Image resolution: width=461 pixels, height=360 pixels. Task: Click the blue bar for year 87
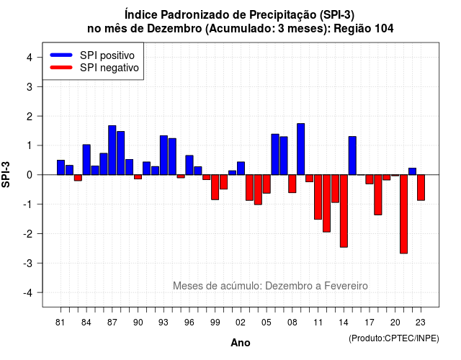point(112,150)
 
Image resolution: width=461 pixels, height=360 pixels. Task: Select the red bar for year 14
point(344,211)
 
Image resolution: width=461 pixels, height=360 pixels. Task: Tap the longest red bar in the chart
point(403,214)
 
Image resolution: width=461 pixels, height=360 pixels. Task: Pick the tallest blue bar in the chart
point(301,149)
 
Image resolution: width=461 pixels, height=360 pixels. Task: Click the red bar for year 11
point(318,197)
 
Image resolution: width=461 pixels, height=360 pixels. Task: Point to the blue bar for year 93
point(164,156)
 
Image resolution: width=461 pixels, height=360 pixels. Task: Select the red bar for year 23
point(421,187)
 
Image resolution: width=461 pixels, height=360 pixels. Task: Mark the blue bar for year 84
point(86,160)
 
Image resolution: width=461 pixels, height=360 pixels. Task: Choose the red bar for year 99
point(215,187)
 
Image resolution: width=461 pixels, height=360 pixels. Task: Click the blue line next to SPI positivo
point(61,55)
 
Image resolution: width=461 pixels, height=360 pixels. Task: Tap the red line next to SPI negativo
point(61,67)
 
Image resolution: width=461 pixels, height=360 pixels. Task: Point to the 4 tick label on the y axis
point(30,58)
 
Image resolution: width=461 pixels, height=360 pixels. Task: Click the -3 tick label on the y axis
point(27,263)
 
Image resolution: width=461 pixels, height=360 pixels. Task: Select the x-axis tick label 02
point(241,323)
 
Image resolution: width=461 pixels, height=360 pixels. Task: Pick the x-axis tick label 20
point(395,323)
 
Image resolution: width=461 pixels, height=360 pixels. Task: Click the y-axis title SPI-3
point(6,174)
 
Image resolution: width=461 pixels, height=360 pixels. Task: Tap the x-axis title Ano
point(241,343)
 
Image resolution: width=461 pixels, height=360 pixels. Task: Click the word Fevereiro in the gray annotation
point(346,286)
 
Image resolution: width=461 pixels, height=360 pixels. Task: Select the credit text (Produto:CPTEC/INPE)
point(394,338)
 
